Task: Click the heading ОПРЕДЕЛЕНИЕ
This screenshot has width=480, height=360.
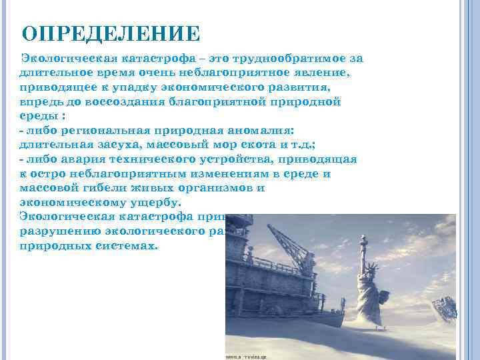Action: (111, 33)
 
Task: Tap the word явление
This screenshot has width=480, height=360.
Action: (327, 73)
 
